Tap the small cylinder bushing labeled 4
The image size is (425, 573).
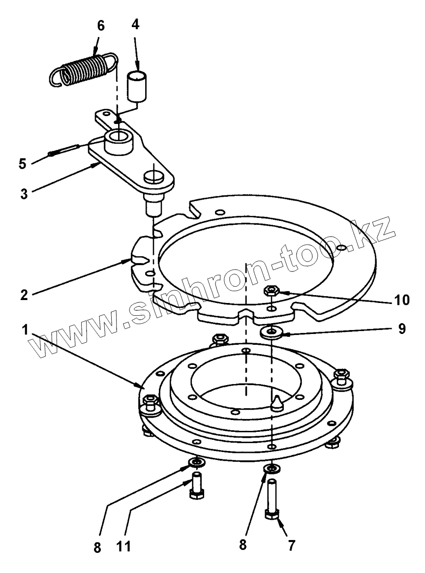click(x=136, y=86)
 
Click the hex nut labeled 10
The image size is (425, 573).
click(x=271, y=291)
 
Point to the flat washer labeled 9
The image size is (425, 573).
click(x=272, y=332)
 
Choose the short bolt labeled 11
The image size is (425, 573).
click(x=197, y=485)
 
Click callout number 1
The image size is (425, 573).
click(x=25, y=330)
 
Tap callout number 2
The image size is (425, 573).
click(x=24, y=295)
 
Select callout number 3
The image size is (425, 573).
click(x=24, y=194)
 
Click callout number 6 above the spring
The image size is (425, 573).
click(x=100, y=26)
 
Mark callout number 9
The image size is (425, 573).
click(x=401, y=329)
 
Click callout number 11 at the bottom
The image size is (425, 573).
click(x=123, y=547)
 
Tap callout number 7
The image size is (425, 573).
click(x=291, y=545)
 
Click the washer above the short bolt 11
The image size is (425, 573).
click(x=197, y=463)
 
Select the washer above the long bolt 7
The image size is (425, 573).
click(x=272, y=468)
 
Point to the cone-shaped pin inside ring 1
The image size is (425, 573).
click(x=277, y=403)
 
